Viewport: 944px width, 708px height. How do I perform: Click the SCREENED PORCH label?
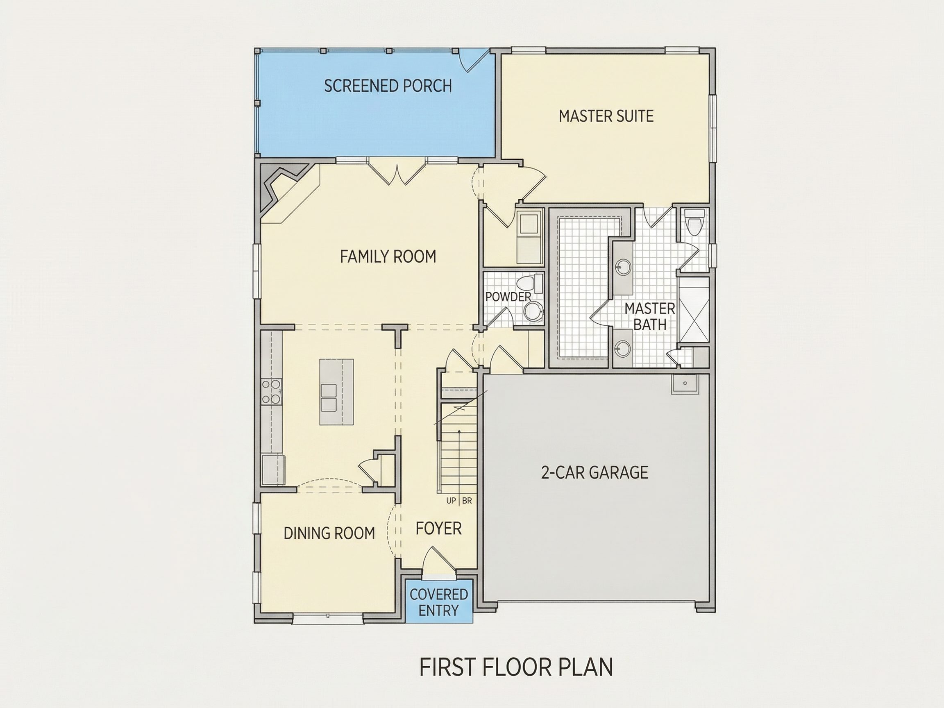388,86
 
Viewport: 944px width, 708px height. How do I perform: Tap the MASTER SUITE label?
606,116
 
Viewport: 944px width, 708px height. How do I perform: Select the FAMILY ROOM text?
388,256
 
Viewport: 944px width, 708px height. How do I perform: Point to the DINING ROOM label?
329,533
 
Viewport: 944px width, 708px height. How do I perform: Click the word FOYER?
439,528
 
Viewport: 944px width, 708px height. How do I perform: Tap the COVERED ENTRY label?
439,602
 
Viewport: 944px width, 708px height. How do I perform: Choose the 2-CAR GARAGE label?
595,472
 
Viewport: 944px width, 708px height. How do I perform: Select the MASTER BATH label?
649,316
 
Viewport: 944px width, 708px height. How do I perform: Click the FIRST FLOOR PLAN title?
516,667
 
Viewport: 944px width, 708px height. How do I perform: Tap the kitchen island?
336,392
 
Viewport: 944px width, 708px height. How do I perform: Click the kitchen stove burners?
271,391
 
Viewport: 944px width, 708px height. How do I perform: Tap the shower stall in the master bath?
693,310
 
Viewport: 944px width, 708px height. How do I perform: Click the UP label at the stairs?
451,501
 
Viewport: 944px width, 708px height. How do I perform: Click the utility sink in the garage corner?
685,383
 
